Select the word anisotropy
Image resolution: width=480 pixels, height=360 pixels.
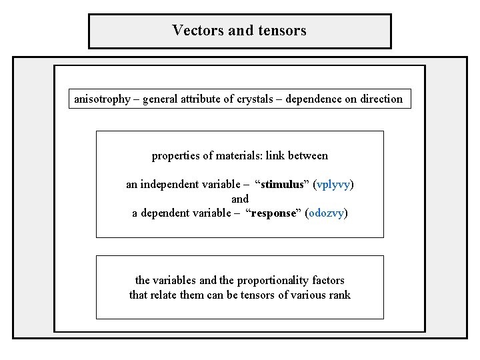(x=102, y=99)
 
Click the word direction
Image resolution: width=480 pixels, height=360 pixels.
(x=381, y=99)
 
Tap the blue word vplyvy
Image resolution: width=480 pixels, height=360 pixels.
(x=333, y=184)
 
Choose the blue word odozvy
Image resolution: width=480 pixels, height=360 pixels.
(x=326, y=214)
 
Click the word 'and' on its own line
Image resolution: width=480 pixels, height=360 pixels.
(x=240, y=199)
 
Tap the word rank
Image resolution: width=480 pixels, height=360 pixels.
(x=338, y=295)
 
